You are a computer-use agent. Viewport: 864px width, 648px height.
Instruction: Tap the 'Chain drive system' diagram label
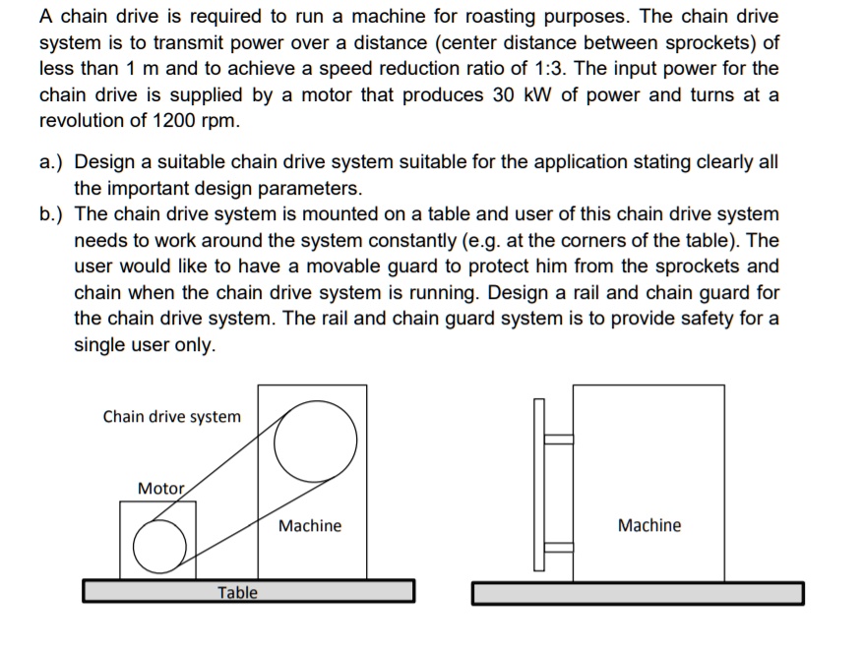[x=171, y=417]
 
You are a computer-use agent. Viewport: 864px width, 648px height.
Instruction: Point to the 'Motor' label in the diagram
[x=160, y=489]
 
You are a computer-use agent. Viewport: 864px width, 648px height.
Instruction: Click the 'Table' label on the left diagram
[x=237, y=592]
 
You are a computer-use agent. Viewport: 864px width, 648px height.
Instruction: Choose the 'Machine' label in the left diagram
[x=310, y=526]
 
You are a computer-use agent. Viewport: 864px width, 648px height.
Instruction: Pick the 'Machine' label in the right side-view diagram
[x=648, y=526]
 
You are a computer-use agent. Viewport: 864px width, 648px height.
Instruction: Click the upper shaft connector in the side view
[x=559, y=440]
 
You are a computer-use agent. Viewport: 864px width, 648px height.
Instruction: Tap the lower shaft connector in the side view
[x=559, y=548]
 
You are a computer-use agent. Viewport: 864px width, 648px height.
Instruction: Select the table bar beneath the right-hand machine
[x=638, y=593]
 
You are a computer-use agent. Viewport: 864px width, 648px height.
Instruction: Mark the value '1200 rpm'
[x=188, y=122]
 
